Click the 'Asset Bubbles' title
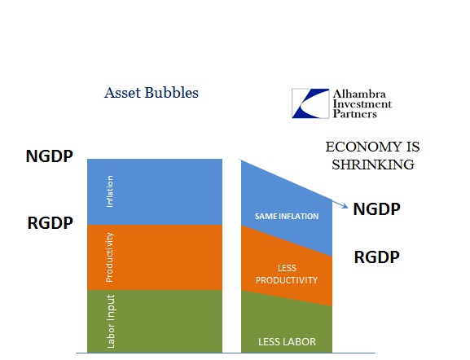[x=152, y=92]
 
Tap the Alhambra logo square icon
[x=310, y=103]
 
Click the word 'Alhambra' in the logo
[x=359, y=94]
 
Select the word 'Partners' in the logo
[x=355, y=113]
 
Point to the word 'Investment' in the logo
[x=362, y=103]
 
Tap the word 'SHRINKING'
[x=373, y=165]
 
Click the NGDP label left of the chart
[x=50, y=156]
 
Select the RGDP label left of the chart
[x=50, y=223]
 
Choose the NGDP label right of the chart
[x=377, y=209]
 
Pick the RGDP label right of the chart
[x=377, y=257]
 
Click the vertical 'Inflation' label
[x=110, y=191]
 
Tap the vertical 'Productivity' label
[x=110, y=257]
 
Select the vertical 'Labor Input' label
[x=111, y=322]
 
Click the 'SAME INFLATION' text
[x=287, y=216]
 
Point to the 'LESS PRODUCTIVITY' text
[x=287, y=274]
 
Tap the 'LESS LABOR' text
[x=287, y=341]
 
